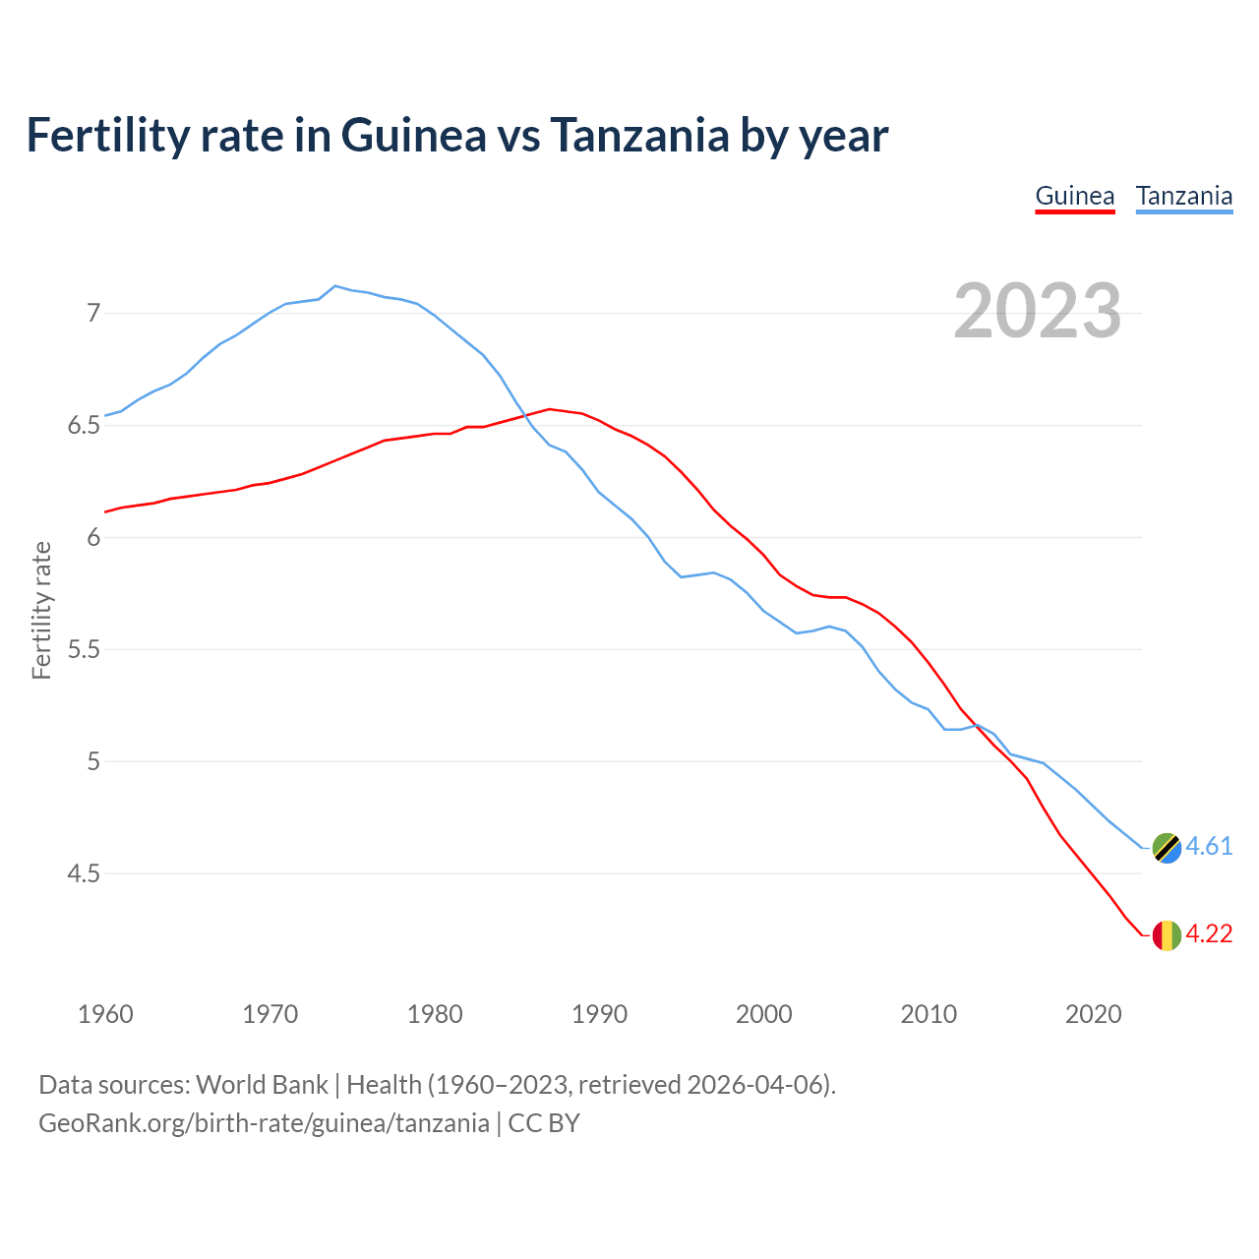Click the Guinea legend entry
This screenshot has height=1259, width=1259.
click(1074, 196)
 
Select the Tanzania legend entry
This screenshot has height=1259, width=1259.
click(1183, 196)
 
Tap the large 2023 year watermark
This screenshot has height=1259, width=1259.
click(1037, 311)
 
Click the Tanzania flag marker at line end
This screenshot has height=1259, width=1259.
click(1167, 847)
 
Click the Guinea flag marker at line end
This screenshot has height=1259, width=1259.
click(1167, 934)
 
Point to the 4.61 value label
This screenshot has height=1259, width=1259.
click(1209, 847)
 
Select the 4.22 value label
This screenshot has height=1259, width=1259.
click(1209, 934)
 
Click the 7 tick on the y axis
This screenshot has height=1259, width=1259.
click(93, 314)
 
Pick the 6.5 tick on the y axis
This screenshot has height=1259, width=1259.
click(85, 426)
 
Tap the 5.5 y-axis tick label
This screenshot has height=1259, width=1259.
click(85, 650)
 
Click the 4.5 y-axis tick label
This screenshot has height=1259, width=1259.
click(85, 873)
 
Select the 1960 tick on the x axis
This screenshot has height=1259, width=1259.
click(105, 1014)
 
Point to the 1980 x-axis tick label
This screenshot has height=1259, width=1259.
click(435, 1014)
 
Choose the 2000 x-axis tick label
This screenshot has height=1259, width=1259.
click(764, 1014)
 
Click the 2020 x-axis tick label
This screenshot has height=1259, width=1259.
click(1093, 1014)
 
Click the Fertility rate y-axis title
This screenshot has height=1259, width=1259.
click(41, 610)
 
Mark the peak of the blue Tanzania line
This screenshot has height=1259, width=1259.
click(335, 286)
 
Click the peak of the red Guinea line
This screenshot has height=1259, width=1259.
click(549, 409)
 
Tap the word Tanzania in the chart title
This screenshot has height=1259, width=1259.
click(639, 136)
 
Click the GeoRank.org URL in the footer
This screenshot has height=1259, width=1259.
click(264, 1123)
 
